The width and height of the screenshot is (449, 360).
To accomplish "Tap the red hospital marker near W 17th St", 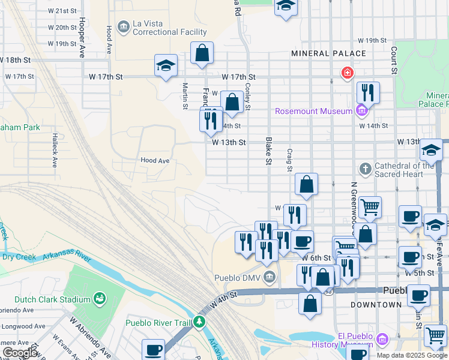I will point(346,73).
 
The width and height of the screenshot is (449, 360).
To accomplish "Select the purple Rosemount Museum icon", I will point(361,111).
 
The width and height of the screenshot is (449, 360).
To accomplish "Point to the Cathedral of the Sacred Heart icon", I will point(365,166).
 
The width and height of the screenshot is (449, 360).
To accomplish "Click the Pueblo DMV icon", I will point(270,277).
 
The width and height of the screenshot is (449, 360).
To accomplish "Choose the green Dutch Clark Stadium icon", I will point(99,299).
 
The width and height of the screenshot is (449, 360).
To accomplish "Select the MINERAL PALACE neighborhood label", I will point(328,53).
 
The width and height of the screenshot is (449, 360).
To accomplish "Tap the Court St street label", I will point(394,60).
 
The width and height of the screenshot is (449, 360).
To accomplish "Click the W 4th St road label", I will point(224,297).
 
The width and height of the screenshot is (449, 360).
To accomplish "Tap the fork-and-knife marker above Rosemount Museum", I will point(367,92).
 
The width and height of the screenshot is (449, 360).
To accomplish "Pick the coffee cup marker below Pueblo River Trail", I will point(153,349).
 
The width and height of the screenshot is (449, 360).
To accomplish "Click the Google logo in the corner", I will point(20,353).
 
